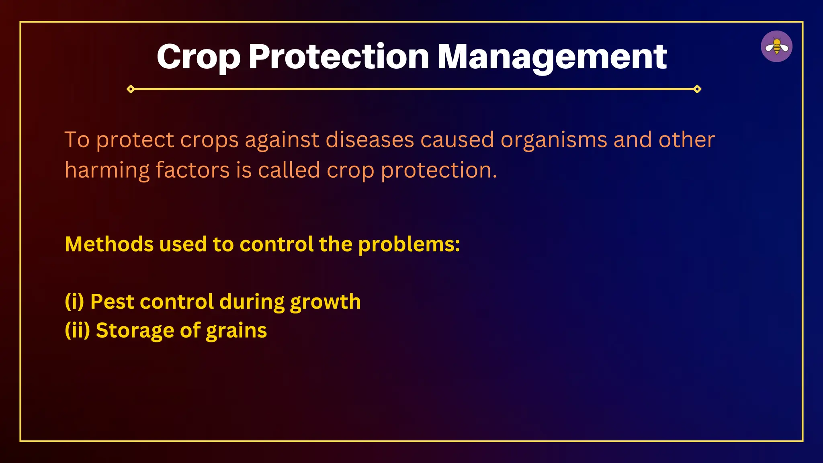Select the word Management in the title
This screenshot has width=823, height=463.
tap(552, 57)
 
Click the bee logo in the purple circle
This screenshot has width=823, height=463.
tap(776, 47)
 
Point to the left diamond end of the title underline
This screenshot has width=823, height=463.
tap(131, 89)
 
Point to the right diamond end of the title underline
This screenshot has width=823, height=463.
tap(697, 89)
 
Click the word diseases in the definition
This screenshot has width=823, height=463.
tap(369, 140)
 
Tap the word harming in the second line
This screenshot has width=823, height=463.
tap(107, 170)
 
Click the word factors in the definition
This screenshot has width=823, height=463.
tap(192, 170)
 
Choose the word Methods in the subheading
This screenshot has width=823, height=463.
tap(109, 244)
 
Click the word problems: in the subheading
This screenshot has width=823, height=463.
tap(409, 245)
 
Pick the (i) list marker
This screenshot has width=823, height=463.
tap(74, 301)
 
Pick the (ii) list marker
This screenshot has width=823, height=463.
tap(77, 330)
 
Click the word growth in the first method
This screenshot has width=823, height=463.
tap(325, 302)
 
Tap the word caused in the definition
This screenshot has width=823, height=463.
tap(457, 140)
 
